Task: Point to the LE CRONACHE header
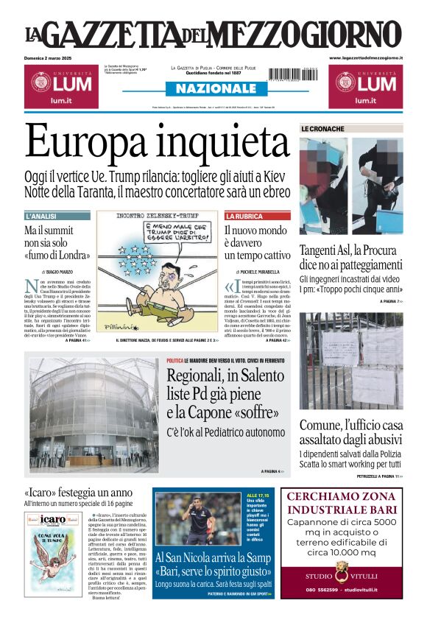click(x=322, y=129)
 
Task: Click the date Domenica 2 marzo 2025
click(x=54, y=57)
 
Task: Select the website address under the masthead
click(x=366, y=57)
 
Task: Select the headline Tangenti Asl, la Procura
click(x=361, y=257)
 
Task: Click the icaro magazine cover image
click(x=54, y=553)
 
